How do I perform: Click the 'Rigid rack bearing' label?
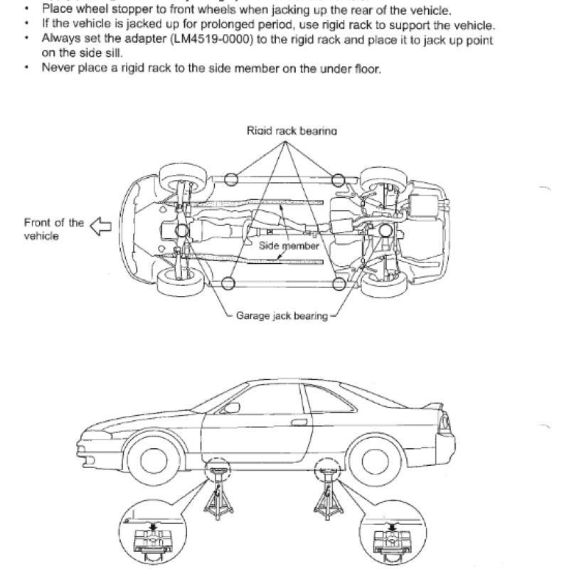tap(292, 131)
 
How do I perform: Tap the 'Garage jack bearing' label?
tap(282, 316)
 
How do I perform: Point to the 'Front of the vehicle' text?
tap(53, 229)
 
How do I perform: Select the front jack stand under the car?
tap(218, 497)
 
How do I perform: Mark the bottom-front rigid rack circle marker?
tap(228, 284)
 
